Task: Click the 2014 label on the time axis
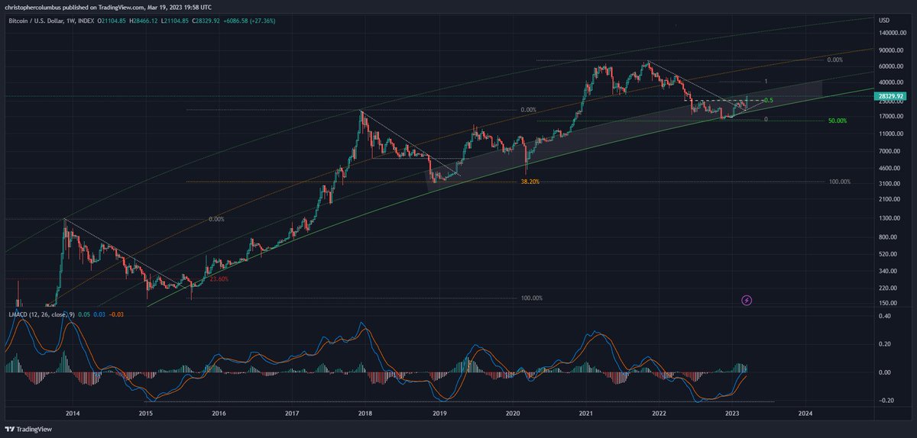coord(73,413)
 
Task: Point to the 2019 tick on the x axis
coord(439,413)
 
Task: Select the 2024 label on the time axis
coord(805,413)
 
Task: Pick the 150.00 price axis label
coord(888,303)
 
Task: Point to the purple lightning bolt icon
coord(747,301)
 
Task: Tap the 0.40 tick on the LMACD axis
coord(885,316)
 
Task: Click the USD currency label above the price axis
coord(884,20)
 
